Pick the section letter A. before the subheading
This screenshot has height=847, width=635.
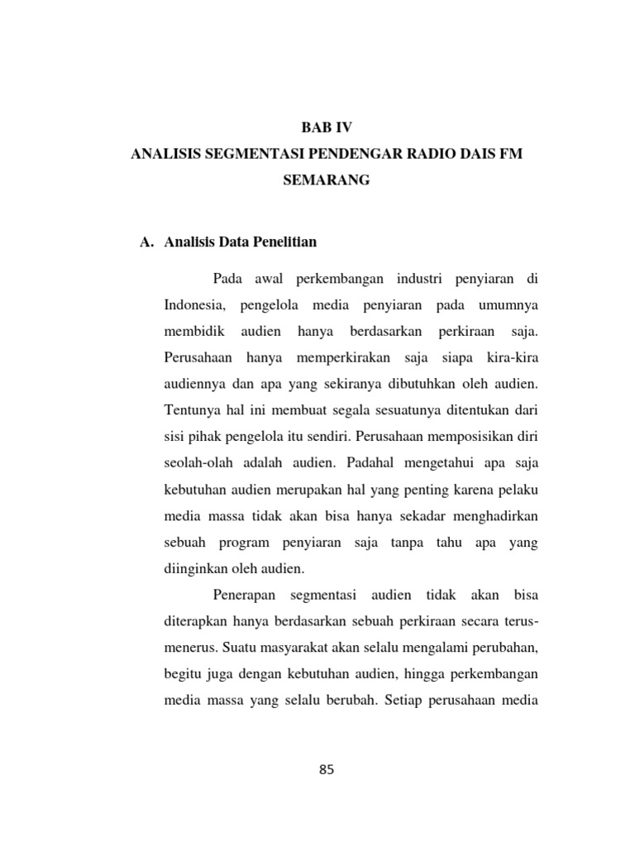point(147,242)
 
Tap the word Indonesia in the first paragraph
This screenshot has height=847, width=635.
point(197,306)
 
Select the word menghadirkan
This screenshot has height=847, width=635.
point(494,516)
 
